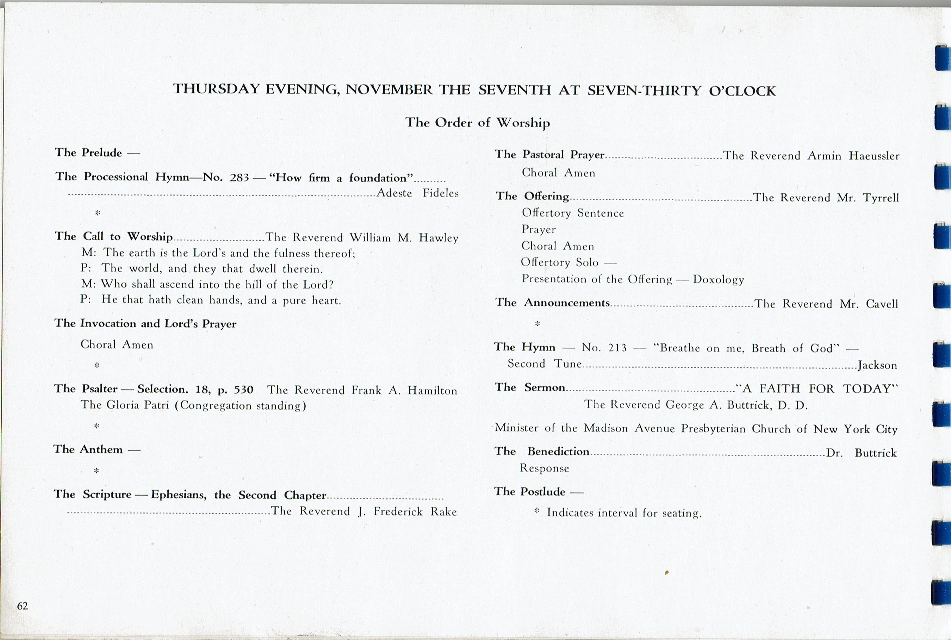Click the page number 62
point(23,606)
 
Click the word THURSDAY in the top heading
point(216,89)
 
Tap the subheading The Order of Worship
point(478,123)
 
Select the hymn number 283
point(239,178)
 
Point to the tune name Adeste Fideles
point(417,193)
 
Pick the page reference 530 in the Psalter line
point(244,390)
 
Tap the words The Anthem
point(88,449)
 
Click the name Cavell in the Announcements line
point(882,304)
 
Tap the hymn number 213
point(617,348)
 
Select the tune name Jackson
point(877,365)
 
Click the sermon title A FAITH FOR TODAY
point(817,388)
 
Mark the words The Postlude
point(530,491)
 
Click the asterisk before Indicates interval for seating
point(537,510)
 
